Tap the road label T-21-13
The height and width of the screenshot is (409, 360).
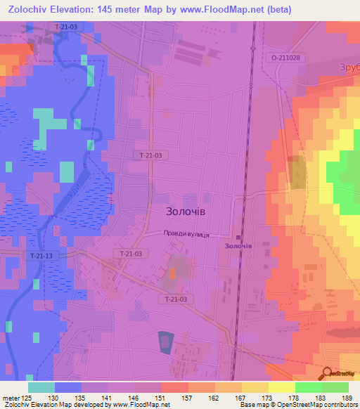click(x=40, y=256)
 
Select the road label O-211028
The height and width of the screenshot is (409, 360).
click(x=285, y=58)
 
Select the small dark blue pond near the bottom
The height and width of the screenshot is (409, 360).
click(x=164, y=342)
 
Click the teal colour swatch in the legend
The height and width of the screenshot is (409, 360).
click(x=41, y=387)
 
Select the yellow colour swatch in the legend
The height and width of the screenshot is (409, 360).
click(x=281, y=387)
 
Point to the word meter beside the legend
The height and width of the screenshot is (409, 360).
click(x=10, y=398)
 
